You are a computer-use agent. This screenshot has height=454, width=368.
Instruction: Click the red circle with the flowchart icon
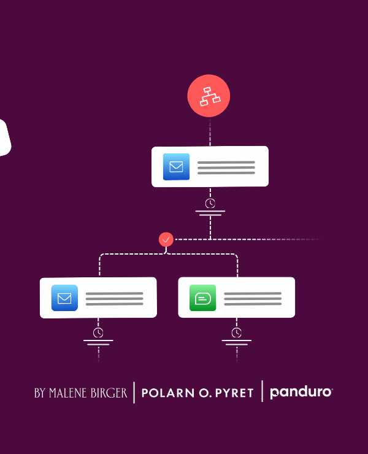click(x=209, y=96)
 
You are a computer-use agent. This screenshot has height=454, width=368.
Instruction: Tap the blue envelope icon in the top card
click(x=176, y=166)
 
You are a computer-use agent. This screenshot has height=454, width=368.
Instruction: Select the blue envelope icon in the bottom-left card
click(x=64, y=298)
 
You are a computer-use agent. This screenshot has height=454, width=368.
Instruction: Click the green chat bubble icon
click(x=202, y=298)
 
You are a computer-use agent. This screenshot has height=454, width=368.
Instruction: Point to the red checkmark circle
click(x=166, y=239)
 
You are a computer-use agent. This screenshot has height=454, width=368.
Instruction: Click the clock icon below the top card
click(x=210, y=203)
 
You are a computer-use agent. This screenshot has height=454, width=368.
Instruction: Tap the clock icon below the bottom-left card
click(x=98, y=333)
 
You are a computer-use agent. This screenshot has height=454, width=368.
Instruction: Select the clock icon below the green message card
click(x=236, y=333)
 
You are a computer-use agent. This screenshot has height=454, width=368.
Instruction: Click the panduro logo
click(x=301, y=392)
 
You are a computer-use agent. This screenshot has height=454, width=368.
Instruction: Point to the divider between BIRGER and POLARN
click(x=134, y=393)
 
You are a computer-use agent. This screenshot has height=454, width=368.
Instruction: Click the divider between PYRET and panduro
click(x=262, y=391)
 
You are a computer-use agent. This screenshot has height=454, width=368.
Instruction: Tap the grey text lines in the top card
click(x=226, y=167)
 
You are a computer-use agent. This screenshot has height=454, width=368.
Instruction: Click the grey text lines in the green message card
click(x=253, y=299)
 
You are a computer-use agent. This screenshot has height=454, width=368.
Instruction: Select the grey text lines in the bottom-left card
click(x=114, y=299)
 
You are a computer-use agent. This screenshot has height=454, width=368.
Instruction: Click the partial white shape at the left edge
click(x=4, y=137)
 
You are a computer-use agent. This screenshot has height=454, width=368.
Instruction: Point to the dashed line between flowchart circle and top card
click(x=210, y=132)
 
